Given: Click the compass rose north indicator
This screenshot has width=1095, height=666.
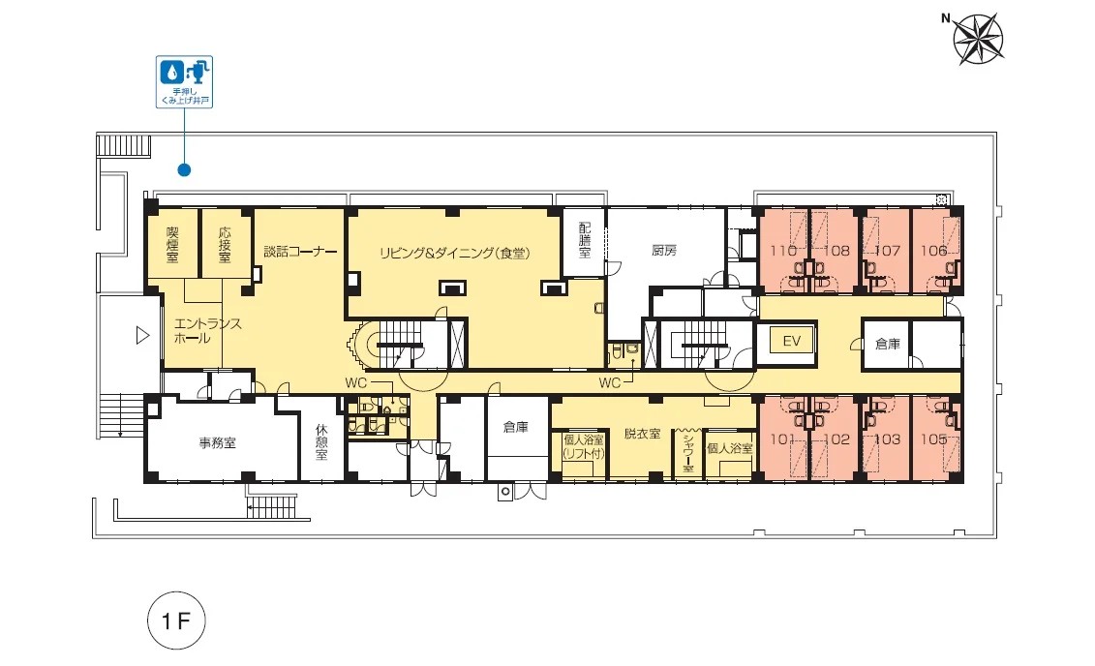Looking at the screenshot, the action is tap(978, 38).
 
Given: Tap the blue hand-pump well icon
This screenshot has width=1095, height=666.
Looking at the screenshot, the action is tap(184, 81).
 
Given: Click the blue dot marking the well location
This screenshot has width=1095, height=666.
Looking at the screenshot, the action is tap(184, 169).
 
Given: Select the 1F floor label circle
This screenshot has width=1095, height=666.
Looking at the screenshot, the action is tap(176, 620).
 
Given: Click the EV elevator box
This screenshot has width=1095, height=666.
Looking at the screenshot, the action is tap(791, 342).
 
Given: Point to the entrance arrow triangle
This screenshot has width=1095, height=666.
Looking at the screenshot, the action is tap(142, 336).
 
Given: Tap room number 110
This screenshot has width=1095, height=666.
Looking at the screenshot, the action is tap(783, 251).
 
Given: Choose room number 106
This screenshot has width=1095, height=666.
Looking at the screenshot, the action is tap(933, 251).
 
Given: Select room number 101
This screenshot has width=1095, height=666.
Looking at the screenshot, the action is tap(783, 439).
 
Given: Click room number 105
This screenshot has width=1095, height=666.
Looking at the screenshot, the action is tap(933, 439).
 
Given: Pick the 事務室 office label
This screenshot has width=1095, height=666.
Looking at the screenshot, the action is tap(217, 442).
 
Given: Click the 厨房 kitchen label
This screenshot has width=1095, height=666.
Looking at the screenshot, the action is tap(664, 250).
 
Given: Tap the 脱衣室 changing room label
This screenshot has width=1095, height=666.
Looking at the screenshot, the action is tap(643, 434).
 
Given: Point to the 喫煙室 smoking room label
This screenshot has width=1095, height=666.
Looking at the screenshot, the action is tap(172, 244).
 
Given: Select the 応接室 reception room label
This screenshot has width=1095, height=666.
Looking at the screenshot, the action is tap(225, 244).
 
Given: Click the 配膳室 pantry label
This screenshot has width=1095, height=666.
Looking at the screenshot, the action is tap(585, 239).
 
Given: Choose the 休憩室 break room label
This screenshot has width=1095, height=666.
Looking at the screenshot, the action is tap(321, 442).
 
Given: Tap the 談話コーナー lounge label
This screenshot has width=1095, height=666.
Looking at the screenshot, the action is tap(300, 252).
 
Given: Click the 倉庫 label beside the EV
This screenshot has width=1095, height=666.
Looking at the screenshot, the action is tap(888, 344).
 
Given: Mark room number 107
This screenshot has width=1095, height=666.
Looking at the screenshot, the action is tap(887, 251).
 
